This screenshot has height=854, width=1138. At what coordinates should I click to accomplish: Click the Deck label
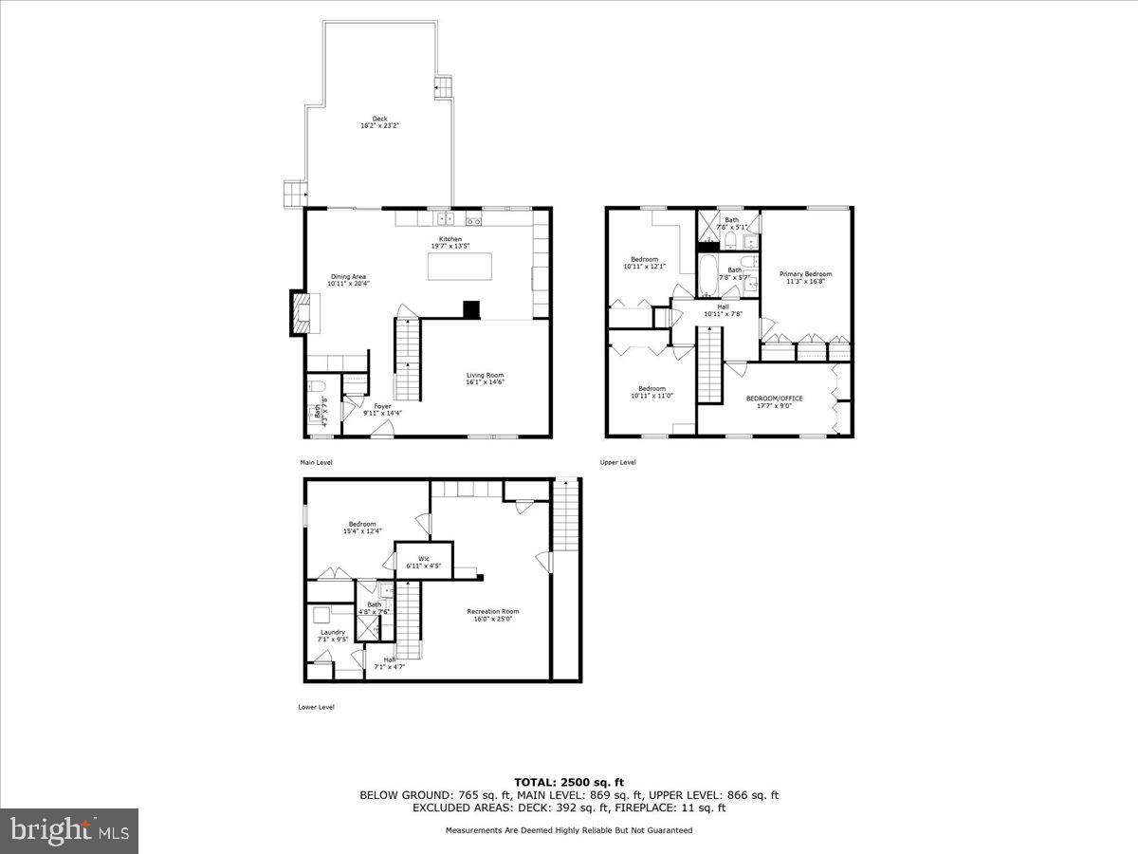pyautogui.click(x=379, y=122)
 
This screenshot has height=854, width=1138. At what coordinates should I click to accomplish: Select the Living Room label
pyautogui.click(x=485, y=379)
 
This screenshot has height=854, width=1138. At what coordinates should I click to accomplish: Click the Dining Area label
pyautogui.click(x=347, y=280)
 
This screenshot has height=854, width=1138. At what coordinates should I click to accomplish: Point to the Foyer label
pyautogui.click(x=382, y=409)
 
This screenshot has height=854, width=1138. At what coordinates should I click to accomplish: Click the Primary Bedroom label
pyautogui.click(x=805, y=277)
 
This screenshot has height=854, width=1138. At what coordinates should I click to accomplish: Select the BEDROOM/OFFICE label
pyautogui.click(x=774, y=401)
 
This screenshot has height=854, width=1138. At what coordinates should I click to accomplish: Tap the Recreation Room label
pyautogui.click(x=493, y=615)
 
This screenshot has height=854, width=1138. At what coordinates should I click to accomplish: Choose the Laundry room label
pyautogui.click(x=332, y=635)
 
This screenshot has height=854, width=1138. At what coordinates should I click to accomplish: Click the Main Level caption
pyautogui.click(x=315, y=462)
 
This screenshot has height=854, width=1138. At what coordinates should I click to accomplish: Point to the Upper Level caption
pyautogui.click(x=617, y=462)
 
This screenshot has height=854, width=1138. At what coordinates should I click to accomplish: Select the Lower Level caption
pyautogui.click(x=316, y=707)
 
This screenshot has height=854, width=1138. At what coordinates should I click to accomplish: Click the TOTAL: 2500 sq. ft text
pyautogui.click(x=569, y=782)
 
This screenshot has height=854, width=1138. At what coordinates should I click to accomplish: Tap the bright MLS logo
pyautogui.click(x=69, y=831)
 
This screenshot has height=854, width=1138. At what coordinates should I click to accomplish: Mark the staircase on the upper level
pyautogui.click(x=710, y=364)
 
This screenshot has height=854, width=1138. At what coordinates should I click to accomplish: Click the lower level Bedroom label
pyautogui.click(x=362, y=528)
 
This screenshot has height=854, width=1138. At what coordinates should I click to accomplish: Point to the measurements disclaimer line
pyautogui.click(x=569, y=830)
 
